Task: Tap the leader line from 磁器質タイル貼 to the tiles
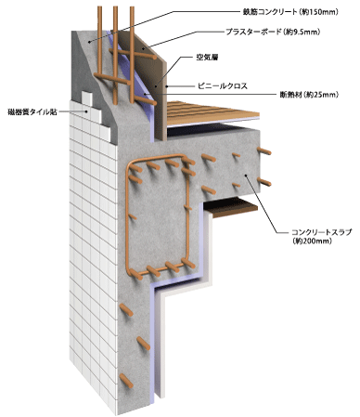(x=78, y=112)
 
